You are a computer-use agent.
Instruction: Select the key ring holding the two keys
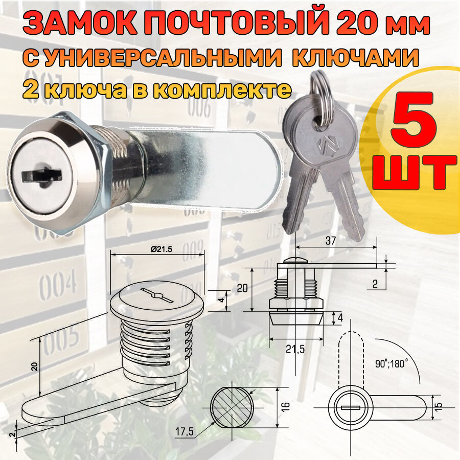pyautogui.click(x=317, y=105)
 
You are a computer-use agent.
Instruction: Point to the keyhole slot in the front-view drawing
pyautogui.click(x=352, y=407)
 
